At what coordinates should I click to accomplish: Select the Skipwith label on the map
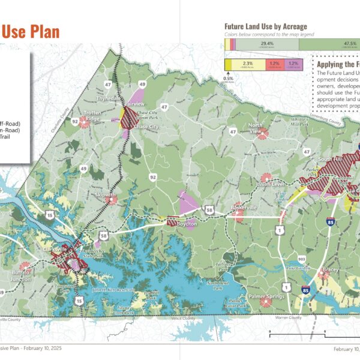pos(105,195)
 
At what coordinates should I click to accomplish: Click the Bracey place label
pos(330,270)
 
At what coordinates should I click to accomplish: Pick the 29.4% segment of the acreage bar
pos(266,43)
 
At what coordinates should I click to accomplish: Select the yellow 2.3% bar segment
pos(247,63)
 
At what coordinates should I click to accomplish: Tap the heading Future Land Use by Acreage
pos(265,26)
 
